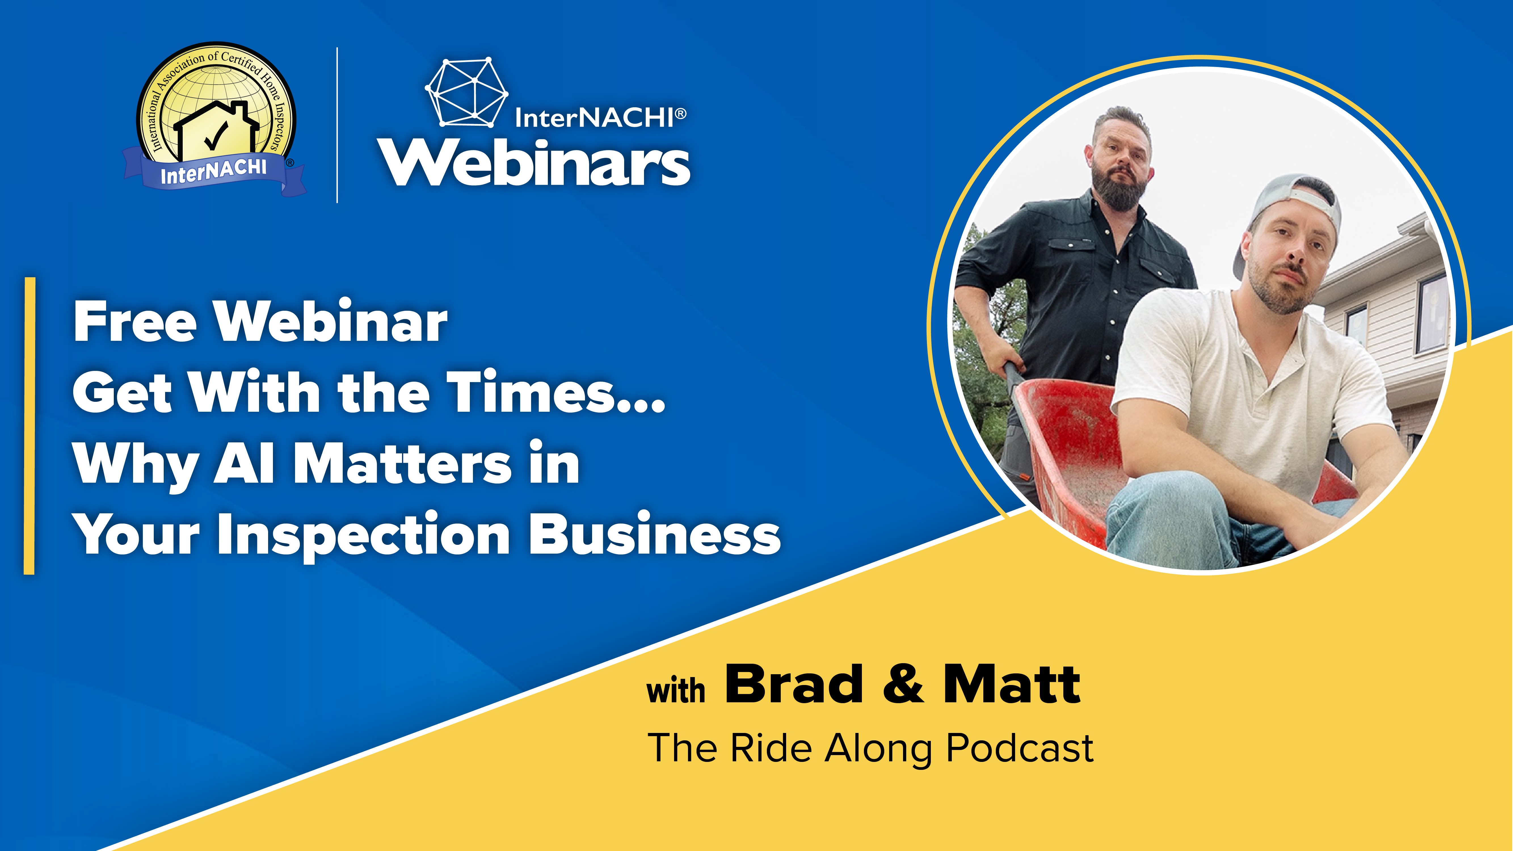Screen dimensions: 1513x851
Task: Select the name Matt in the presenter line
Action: (1011, 684)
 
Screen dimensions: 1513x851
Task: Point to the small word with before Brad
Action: (676, 690)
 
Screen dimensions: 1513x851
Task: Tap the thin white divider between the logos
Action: (337, 125)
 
